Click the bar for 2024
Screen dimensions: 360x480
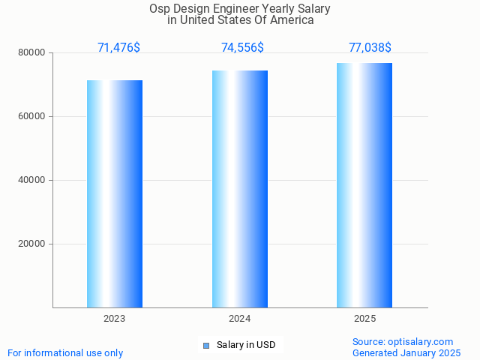click(240, 189)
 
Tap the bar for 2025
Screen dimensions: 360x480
click(364, 185)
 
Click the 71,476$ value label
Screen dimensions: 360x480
click(118, 48)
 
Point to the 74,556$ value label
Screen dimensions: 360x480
click(242, 48)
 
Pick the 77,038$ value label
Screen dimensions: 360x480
click(370, 48)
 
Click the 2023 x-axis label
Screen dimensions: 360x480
click(115, 319)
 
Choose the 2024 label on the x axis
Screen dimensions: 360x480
click(240, 319)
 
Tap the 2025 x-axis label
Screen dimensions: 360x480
click(365, 319)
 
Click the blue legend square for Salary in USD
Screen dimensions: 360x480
click(206, 345)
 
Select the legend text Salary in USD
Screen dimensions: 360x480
click(246, 345)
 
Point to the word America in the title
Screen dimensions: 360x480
click(292, 20)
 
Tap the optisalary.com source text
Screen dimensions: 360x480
click(403, 341)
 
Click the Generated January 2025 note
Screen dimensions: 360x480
click(406, 352)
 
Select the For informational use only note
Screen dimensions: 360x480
click(65, 352)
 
